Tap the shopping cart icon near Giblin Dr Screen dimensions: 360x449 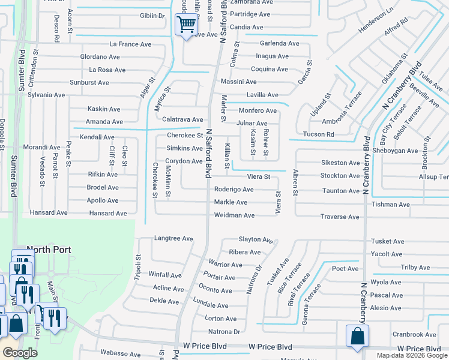(x=186, y=25)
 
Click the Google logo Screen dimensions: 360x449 (x=20, y=353)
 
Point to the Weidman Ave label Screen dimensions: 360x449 (x=235, y=215)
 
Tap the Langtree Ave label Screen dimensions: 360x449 (x=173, y=239)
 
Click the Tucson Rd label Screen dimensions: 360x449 (x=319, y=134)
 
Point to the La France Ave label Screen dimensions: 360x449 (x=130, y=44)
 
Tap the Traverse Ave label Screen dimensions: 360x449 (x=340, y=217)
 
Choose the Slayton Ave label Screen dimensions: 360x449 (x=256, y=239)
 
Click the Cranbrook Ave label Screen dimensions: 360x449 (x=414, y=335)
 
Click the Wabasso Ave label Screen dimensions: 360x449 (x=120, y=353)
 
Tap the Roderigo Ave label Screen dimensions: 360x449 (x=234, y=190)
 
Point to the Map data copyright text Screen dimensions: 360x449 (x=412, y=355)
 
